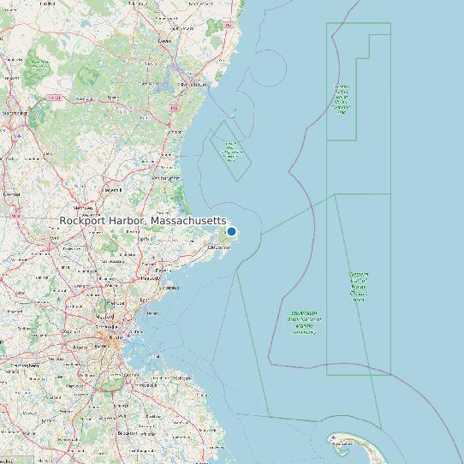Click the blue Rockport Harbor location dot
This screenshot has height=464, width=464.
231,232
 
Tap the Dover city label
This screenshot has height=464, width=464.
164,40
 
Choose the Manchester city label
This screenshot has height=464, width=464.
15,112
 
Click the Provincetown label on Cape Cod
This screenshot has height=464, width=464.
342,444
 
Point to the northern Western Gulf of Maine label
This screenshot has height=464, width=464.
342,99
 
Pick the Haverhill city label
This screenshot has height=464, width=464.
112,189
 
